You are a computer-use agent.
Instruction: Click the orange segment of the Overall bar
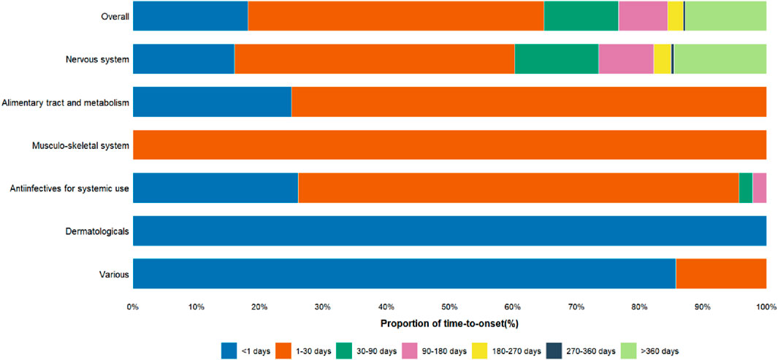point(395,16)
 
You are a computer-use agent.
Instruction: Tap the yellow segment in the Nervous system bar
point(662,59)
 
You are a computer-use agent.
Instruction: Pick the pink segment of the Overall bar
point(643,16)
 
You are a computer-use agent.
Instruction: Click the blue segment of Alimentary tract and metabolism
point(212,102)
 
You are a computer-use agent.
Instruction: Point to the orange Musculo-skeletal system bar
point(449,145)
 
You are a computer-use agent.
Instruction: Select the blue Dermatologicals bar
point(449,231)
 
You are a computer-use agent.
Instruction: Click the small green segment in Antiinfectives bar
point(745,188)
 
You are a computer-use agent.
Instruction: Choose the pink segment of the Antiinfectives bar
point(759,188)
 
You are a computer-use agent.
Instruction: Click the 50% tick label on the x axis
point(449,307)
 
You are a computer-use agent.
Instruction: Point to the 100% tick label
point(765,307)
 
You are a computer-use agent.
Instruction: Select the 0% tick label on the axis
point(133,307)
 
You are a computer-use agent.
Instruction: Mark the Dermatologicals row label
point(96,231)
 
